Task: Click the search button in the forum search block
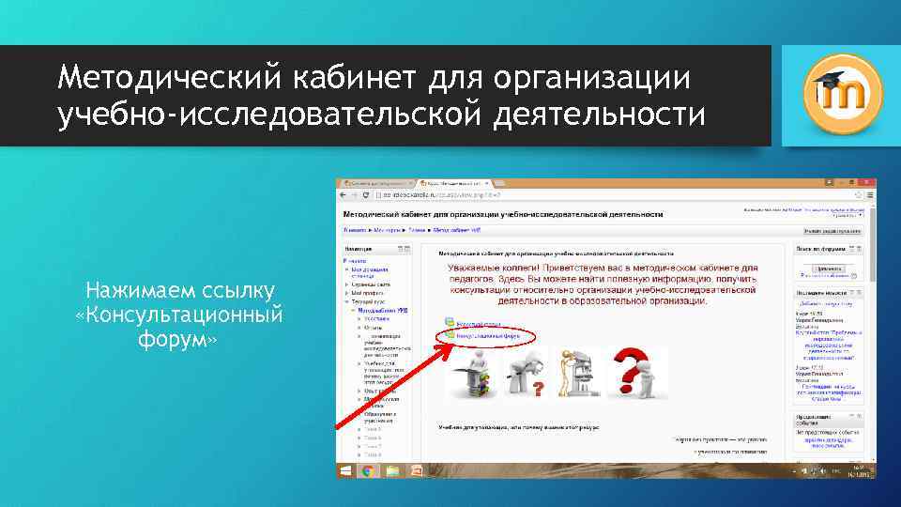829,268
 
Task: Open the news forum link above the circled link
481,322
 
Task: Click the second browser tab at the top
455,181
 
